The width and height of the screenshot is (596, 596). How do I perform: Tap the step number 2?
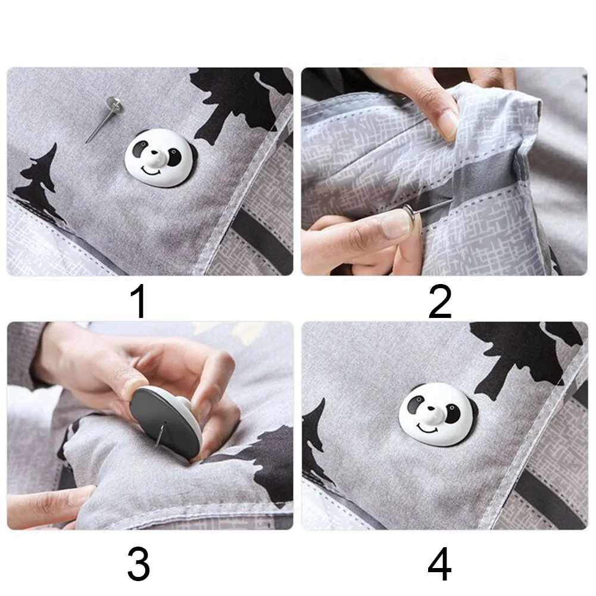click(440, 302)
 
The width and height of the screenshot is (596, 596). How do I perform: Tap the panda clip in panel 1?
click(159, 158)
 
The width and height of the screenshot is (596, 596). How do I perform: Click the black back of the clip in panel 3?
click(164, 422)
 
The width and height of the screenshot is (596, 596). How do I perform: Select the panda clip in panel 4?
click(434, 413)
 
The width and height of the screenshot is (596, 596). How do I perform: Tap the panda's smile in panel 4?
click(428, 428)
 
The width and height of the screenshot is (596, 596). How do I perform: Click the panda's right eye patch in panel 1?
click(174, 157)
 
